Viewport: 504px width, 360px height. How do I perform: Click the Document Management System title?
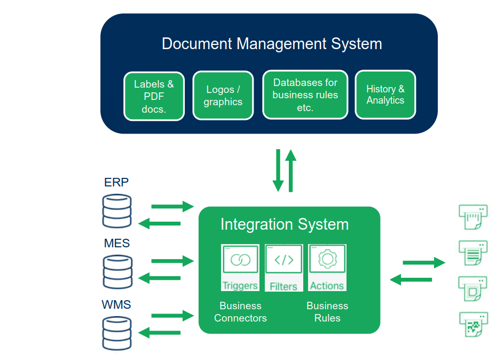tap(272, 43)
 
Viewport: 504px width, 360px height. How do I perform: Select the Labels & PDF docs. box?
tap(154, 96)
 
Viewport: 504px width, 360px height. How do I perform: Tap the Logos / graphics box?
tap(223, 96)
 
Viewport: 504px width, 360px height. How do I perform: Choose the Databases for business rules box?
tap(305, 95)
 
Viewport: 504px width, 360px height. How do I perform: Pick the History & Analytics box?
tap(385, 95)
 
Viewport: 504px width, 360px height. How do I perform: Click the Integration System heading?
tap(284, 224)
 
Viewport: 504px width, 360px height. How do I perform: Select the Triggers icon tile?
tap(240, 268)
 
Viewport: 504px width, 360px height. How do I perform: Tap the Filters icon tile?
tap(283, 268)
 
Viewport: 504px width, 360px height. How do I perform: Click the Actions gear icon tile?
tap(327, 268)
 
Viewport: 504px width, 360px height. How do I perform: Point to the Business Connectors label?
tap(240, 312)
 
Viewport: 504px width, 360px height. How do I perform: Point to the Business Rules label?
tap(327, 312)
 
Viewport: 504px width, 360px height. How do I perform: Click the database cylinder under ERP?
tap(117, 210)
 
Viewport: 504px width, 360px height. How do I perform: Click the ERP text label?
tap(116, 182)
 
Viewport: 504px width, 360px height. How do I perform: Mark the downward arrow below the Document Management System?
tap(278, 170)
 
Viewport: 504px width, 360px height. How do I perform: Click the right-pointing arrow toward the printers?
tap(423, 262)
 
